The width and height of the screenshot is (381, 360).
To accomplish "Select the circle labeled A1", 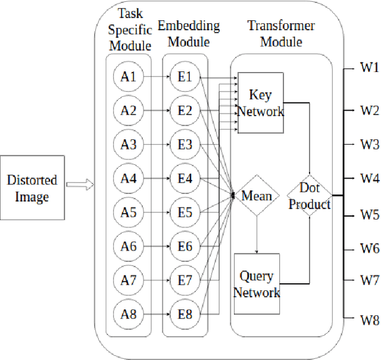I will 129,77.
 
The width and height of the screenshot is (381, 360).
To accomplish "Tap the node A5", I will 129,212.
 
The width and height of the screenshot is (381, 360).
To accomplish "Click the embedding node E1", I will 185,77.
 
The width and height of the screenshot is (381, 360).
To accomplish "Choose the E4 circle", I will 185,178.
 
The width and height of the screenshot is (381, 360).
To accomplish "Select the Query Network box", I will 257,284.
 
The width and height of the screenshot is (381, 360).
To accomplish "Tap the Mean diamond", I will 257,195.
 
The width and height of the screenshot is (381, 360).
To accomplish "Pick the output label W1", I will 369,67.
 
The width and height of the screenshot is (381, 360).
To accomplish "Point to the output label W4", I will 369,177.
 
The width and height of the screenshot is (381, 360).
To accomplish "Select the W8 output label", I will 369,321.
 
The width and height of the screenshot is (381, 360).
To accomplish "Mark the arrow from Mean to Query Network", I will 257,234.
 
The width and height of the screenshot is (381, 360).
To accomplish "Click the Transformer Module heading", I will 281,34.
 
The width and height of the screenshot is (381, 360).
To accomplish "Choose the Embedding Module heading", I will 188,34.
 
